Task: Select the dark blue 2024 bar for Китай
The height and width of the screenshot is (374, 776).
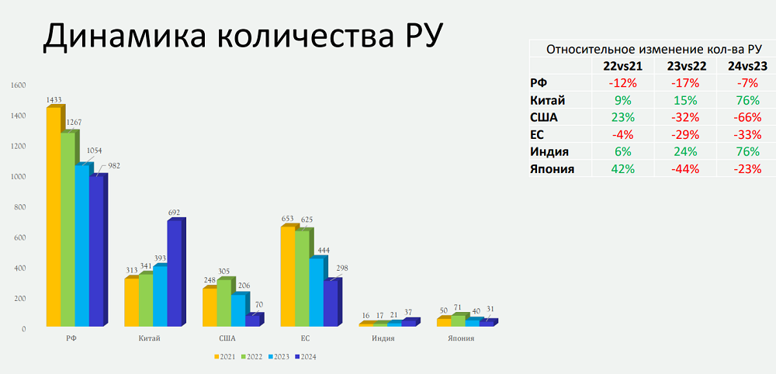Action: coord(174,273)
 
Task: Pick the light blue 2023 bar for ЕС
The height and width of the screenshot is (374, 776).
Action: coord(317,293)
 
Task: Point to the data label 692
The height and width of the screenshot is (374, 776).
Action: coord(174,213)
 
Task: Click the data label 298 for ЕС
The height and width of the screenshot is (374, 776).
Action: coord(341,268)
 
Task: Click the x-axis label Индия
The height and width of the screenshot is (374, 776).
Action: coord(383,339)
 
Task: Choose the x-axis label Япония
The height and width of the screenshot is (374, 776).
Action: coord(460,339)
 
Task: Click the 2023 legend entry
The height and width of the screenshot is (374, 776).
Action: coord(280,357)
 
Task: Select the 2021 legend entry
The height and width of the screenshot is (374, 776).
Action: coord(226,357)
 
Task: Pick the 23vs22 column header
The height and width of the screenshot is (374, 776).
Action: coord(685,66)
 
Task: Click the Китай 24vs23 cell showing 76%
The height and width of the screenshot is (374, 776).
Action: coord(747,100)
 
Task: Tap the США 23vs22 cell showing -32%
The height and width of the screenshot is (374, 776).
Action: coord(685,118)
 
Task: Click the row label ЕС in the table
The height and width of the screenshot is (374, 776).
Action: coord(537,134)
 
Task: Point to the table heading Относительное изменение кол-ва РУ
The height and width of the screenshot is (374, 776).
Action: coord(653,49)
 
